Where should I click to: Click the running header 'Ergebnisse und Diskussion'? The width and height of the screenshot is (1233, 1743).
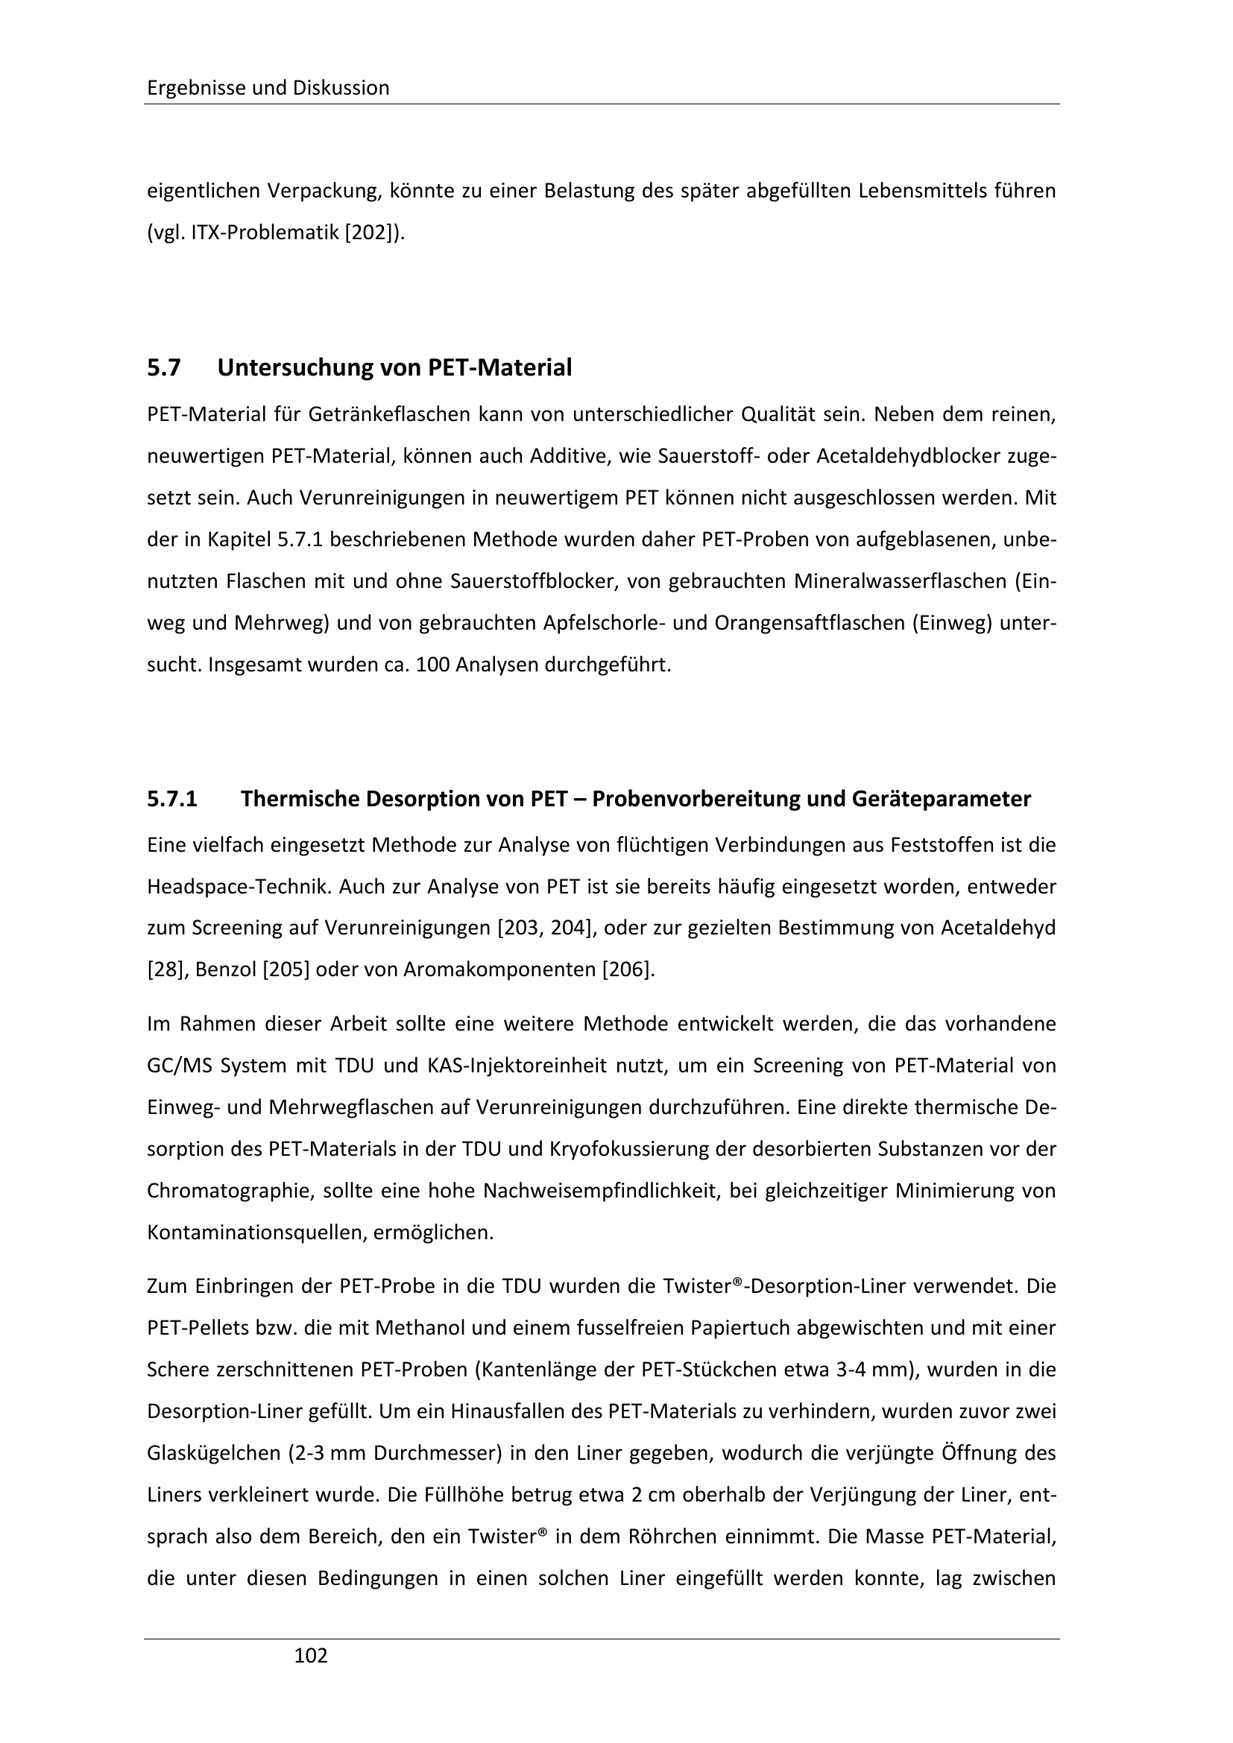268,88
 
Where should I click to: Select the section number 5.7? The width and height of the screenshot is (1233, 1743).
164,368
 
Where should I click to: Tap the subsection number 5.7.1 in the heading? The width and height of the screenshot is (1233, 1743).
172,800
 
